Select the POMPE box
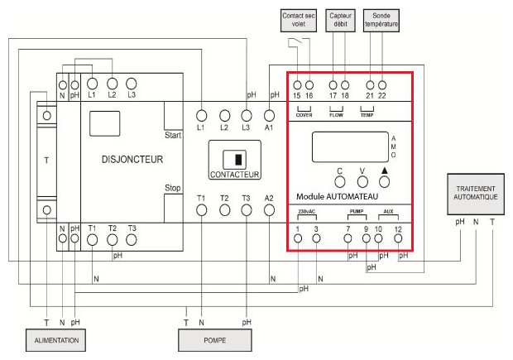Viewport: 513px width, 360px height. (214, 340)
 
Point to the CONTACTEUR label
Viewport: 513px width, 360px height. (235, 175)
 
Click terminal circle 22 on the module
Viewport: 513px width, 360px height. (382, 85)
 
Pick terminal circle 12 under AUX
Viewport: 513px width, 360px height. (399, 239)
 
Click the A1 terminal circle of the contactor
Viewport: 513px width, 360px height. (269, 115)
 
